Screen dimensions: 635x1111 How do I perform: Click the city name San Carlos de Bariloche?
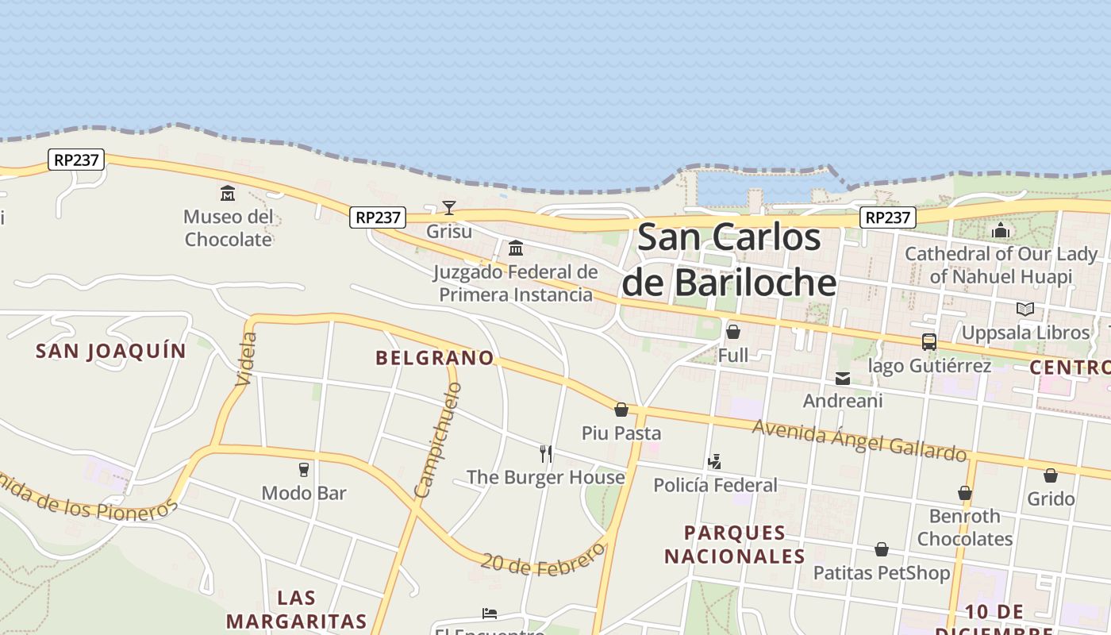click(728, 260)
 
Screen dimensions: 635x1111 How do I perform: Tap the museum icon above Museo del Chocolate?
click(228, 193)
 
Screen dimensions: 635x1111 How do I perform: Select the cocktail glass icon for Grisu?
click(449, 208)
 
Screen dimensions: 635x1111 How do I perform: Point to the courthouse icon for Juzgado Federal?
click(516, 248)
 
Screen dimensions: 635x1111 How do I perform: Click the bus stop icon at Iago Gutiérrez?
click(928, 342)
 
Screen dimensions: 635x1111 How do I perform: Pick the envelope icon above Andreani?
click(843, 379)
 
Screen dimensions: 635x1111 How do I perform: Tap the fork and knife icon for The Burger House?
click(546, 454)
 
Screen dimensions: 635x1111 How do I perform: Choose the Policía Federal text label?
click(715, 484)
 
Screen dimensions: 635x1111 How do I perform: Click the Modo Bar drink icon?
click(303, 470)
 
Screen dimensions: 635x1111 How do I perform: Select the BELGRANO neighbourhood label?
click(435, 358)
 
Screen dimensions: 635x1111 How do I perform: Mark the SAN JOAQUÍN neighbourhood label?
click(111, 351)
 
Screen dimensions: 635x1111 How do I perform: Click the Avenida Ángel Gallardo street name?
click(859, 439)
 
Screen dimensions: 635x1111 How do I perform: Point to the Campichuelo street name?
click(437, 441)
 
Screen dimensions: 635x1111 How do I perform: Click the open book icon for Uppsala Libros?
click(1025, 309)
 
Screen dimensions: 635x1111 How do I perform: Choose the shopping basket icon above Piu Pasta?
click(621, 410)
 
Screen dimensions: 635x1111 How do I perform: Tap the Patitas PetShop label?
click(881, 572)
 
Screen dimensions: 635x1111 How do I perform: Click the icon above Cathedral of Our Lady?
click(1001, 231)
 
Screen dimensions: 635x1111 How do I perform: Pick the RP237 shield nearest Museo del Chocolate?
click(76, 160)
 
